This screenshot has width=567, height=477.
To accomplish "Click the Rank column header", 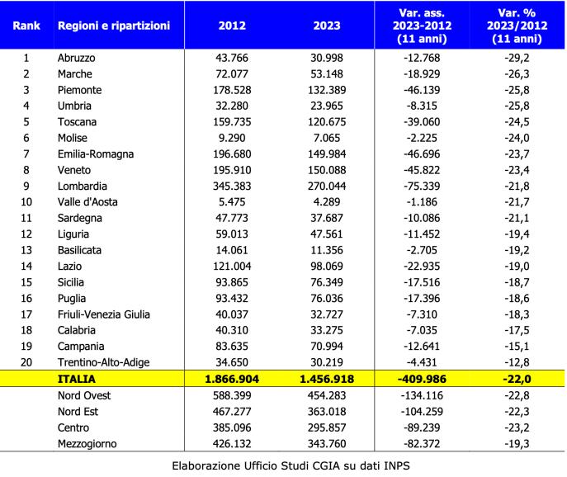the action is (26, 26).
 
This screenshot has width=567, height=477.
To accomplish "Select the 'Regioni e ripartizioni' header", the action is (114, 26).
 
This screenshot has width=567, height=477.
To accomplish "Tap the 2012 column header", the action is (232, 26).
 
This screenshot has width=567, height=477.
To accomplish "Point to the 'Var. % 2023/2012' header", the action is (517, 26).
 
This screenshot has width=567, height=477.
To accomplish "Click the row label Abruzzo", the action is (76, 58).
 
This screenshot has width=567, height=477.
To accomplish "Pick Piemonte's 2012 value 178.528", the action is (232, 90).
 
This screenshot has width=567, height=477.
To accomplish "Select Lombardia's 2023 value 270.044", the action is (327, 187).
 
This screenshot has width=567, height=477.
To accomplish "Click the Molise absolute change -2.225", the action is (422, 138).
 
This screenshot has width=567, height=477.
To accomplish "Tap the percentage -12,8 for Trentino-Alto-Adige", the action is (517, 362).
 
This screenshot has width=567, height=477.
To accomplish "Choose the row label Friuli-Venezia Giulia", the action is (104, 314).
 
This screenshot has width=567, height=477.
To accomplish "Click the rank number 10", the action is (26, 202).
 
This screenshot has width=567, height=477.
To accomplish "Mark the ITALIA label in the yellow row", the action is (77, 379).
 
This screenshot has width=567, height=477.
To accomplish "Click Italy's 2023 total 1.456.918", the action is (327, 379).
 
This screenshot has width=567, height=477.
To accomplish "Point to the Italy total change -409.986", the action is (422, 379).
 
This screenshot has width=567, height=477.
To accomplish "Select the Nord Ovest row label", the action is (84, 395).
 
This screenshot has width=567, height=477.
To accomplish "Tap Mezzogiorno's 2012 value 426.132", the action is (232, 444).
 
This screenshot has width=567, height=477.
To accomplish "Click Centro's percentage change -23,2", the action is (517, 427).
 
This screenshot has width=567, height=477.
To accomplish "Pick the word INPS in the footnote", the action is (397, 465).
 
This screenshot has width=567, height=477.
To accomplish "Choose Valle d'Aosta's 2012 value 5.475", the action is (232, 202).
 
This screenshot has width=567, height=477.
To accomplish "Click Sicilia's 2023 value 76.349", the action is (327, 282).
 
